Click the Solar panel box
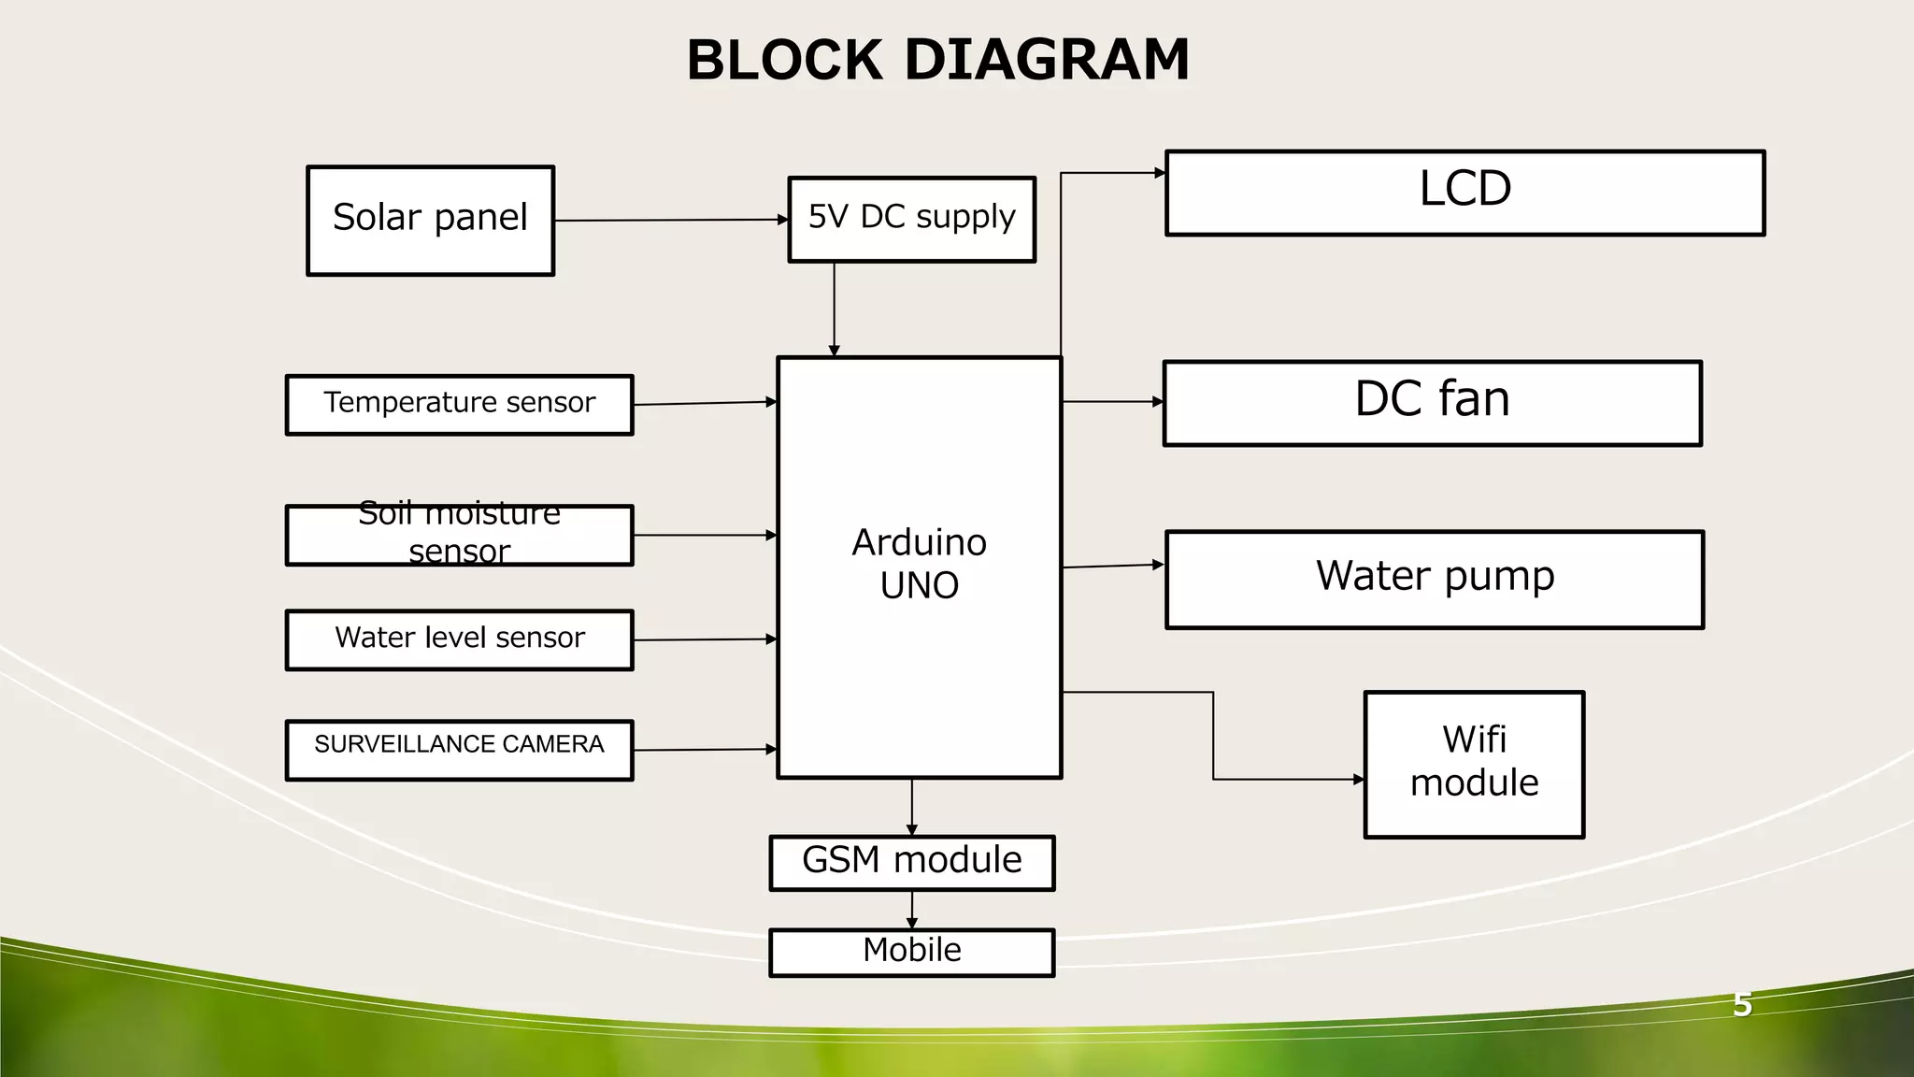[430, 221]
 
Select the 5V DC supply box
[911, 219]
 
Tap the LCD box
[1464, 193]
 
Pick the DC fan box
[1432, 403]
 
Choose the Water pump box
[1435, 579]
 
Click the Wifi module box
[1474, 764]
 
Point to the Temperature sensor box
[459, 405]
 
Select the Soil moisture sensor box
[459, 535]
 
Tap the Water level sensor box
[459, 639]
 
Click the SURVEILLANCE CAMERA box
[459, 750]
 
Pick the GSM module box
[911, 862]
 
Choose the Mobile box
[911, 952]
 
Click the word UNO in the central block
[919, 586]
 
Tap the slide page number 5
[1742, 1005]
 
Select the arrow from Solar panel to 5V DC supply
[671, 221]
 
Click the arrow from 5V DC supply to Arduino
[834, 309]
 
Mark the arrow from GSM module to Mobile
[911, 909]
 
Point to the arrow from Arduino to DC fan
[1112, 401]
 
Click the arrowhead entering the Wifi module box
[1358, 779]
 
